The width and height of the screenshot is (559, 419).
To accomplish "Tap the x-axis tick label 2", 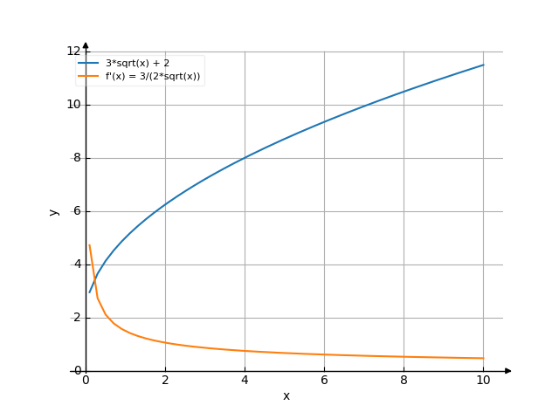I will [165, 381].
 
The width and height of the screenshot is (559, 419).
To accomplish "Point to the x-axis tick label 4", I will [245, 381].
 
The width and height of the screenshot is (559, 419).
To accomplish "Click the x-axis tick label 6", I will [324, 381].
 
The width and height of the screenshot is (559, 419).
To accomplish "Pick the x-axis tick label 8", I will [404, 381].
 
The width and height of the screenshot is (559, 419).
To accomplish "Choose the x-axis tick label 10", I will [483, 381].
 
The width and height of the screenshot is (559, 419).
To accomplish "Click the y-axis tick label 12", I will [73, 52].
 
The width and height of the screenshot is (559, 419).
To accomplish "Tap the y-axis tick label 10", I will [73, 105].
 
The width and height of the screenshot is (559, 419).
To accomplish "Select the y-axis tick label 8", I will [76, 158].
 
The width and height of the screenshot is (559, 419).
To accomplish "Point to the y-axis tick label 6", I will [76, 211].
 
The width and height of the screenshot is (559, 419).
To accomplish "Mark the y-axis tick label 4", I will [76, 264].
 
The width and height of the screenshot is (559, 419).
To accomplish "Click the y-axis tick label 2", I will [76, 318].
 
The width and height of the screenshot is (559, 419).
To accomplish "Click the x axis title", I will [286, 396].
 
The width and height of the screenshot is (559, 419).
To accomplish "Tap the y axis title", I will [54, 211].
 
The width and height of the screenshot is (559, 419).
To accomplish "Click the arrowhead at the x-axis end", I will [508, 371].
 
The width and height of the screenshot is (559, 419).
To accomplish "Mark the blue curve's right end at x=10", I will [483, 65].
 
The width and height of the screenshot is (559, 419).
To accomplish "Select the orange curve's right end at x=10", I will [483, 358].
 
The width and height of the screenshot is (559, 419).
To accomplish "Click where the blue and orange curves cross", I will [94, 279].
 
